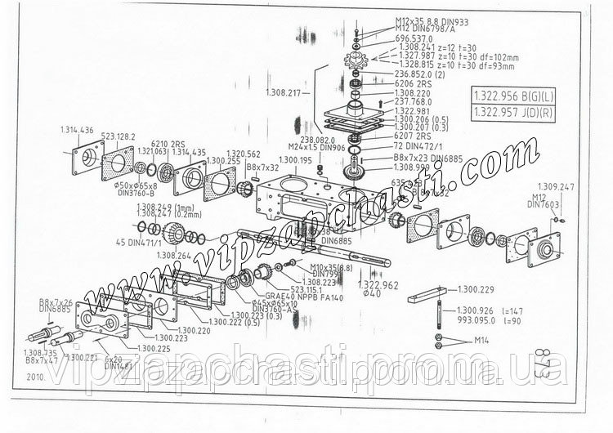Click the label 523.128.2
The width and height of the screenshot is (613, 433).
pos(119,137)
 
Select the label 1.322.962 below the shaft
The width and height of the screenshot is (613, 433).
pos(378,284)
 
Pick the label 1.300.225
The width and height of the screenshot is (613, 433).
pos(154,349)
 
